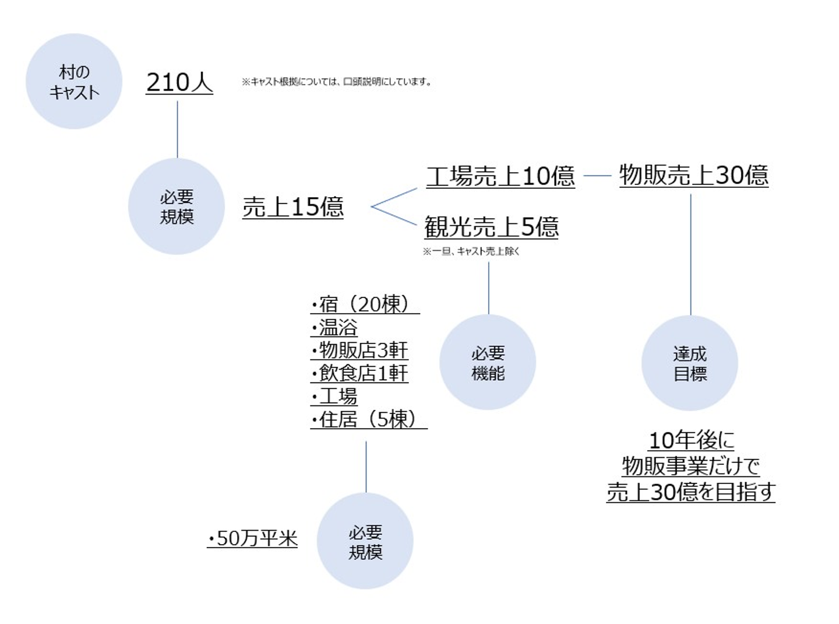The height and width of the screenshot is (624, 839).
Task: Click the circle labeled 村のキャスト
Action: click(x=74, y=81)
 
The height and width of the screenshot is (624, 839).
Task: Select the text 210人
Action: click(x=179, y=82)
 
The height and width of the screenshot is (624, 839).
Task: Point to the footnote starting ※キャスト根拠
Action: click(x=337, y=82)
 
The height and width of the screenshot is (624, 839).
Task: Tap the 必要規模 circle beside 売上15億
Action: click(x=177, y=206)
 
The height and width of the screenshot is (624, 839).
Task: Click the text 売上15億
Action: click(x=293, y=207)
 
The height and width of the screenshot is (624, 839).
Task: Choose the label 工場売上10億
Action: click(x=500, y=176)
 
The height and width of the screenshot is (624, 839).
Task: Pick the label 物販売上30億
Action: click(x=694, y=175)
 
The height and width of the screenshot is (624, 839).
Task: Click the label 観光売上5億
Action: click(x=491, y=227)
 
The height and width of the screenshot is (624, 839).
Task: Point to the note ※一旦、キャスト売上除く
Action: click(x=471, y=251)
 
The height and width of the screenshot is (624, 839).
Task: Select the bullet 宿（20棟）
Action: click(x=365, y=304)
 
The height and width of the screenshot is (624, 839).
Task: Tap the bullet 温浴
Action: click(x=334, y=328)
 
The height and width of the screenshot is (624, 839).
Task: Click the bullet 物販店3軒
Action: click(x=359, y=350)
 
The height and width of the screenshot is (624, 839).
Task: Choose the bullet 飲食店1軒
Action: click(x=359, y=373)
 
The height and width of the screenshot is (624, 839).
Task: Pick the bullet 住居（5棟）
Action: click(x=369, y=419)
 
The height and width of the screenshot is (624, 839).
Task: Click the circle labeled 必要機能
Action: click(x=488, y=362)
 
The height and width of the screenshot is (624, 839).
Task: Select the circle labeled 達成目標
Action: click(x=690, y=363)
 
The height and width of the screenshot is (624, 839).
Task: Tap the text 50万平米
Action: click(x=252, y=538)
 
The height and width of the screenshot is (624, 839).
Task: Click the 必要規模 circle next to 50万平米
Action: click(x=365, y=541)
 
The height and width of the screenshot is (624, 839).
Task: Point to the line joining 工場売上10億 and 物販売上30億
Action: click(x=598, y=176)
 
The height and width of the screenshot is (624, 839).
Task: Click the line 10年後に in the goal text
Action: click(x=692, y=440)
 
